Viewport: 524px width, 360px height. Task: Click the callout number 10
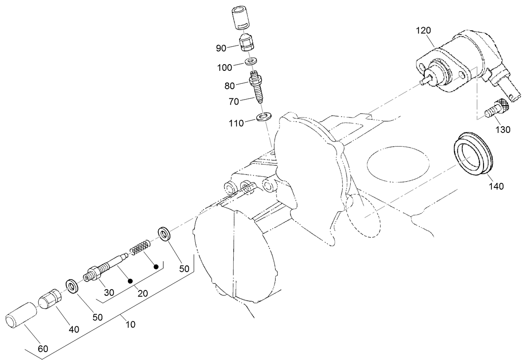[x=130, y=324]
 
